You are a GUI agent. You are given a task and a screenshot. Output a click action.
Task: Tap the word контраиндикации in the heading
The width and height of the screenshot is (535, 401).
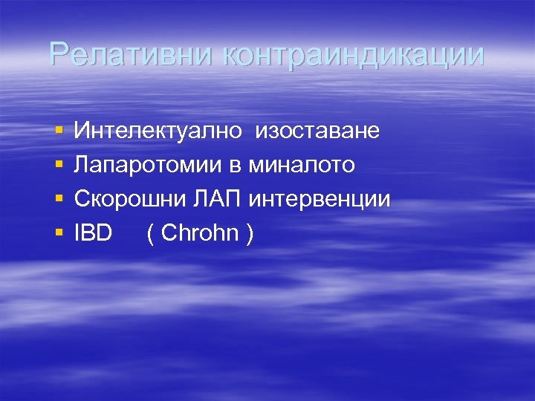click(352, 54)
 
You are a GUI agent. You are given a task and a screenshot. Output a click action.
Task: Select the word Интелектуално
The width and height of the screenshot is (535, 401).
click(158, 131)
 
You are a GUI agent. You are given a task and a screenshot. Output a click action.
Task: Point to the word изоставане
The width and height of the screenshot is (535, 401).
click(317, 131)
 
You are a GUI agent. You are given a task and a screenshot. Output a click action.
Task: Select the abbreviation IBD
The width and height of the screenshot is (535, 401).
click(93, 233)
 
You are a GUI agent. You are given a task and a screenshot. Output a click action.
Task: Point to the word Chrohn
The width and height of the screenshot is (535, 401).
click(199, 233)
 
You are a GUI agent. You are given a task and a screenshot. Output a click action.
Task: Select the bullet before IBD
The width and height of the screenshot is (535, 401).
click(58, 234)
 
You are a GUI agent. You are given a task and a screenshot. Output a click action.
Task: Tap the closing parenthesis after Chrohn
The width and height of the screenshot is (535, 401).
click(250, 234)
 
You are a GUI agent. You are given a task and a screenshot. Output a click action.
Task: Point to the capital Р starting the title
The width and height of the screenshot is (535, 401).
click(58, 54)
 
